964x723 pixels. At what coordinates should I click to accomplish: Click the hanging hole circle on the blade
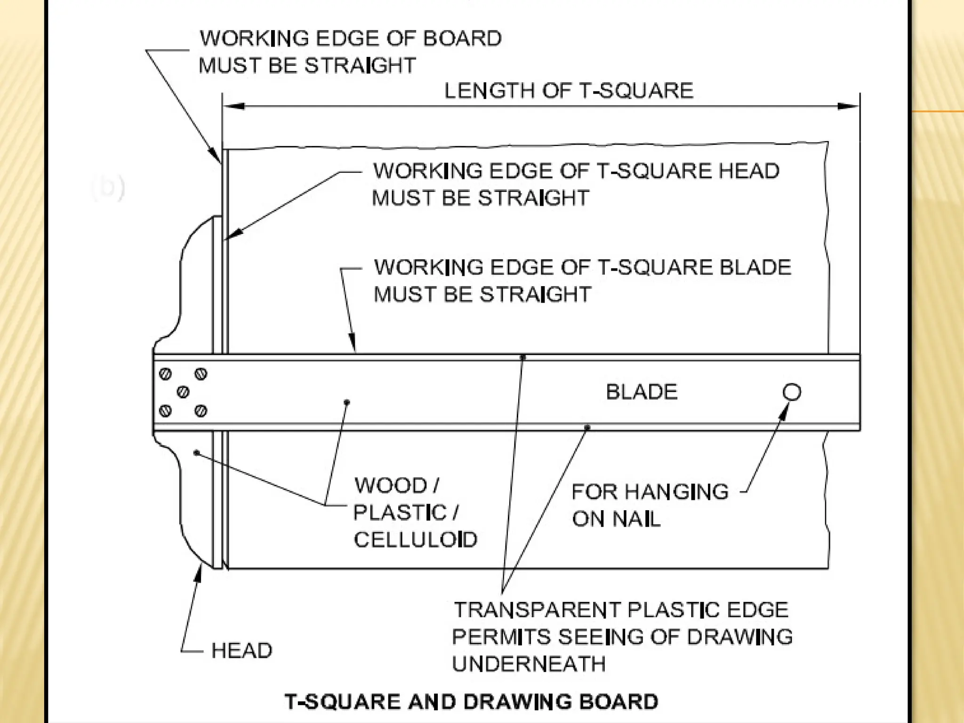(x=792, y=392)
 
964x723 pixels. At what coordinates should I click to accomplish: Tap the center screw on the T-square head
(x=183, y=392)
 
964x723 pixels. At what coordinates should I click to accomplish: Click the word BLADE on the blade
(x=642, y=392)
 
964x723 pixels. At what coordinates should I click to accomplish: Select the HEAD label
(x=241, y=651)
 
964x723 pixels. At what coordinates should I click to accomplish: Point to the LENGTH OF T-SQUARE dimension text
(x=569, y=90)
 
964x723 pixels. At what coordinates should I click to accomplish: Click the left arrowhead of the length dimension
(x=233, y=106)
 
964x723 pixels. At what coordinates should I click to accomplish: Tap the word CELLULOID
(x=415, y=539)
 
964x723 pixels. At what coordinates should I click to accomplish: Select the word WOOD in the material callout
(x=390, y=485)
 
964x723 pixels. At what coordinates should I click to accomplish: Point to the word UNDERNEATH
(x=529, y=664)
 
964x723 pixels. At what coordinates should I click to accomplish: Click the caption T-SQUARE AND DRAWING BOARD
(x=471, y=701)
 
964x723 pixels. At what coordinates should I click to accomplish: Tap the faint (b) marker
(x=108, y=187)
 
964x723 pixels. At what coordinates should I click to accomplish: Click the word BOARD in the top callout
(x=462, y=39)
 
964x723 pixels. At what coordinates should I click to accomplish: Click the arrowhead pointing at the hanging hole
(x=784, y=410)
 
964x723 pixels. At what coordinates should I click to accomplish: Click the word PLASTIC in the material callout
(x=399, y=513)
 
